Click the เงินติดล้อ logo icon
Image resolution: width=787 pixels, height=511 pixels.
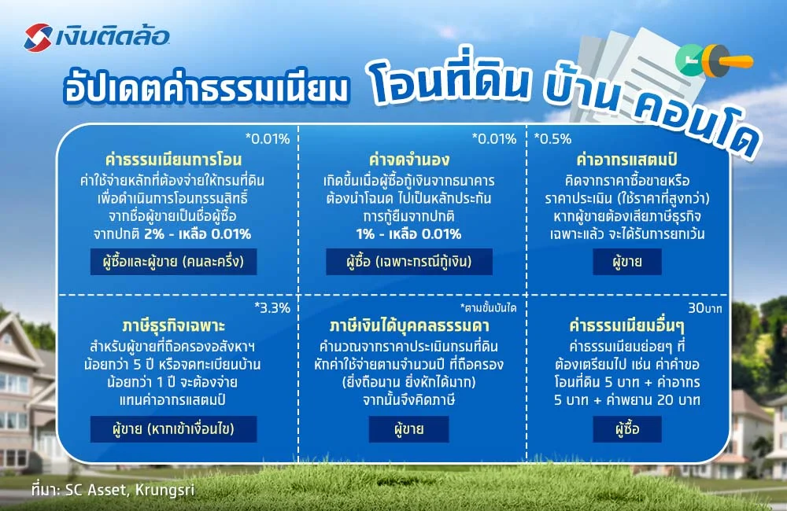(39, 35)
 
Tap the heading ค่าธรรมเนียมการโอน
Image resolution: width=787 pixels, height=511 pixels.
(176, 160)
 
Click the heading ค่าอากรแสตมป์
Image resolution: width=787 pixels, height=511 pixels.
(628, 160)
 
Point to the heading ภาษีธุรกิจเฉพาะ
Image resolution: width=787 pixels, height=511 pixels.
(175, 326)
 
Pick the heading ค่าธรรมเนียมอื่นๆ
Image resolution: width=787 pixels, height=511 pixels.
(628, 326)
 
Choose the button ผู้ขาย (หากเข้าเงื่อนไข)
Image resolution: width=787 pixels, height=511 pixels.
(175, 428)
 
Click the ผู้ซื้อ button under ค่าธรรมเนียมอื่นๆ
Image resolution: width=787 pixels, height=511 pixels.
(627, 428)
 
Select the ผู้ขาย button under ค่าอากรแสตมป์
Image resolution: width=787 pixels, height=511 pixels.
(627, 261)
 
